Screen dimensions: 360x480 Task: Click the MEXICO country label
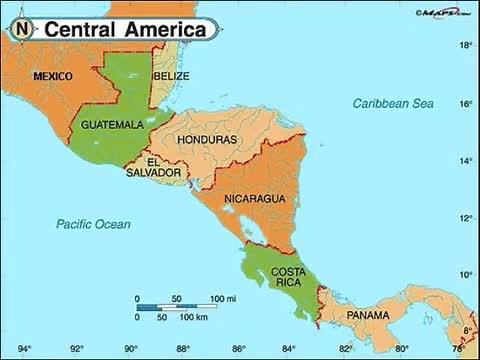pos(52,76)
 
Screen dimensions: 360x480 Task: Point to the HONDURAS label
pos(207,139)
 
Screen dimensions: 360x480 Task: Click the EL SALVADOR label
pos(153,167)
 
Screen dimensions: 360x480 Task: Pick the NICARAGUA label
pos(255,199)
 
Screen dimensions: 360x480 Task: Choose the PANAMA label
pos(368,315)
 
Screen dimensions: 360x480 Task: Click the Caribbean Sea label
pos(392,103)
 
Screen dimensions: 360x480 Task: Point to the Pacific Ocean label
pos(93,224)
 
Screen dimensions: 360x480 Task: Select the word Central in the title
pos(80,30)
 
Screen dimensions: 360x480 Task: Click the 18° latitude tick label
pos(465,46)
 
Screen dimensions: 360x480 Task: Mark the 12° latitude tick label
pos(465,218)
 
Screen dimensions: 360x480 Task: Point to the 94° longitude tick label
pos(22,349)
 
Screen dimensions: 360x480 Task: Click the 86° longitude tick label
pos(239,349)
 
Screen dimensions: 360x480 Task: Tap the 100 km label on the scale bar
pos(193,317)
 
